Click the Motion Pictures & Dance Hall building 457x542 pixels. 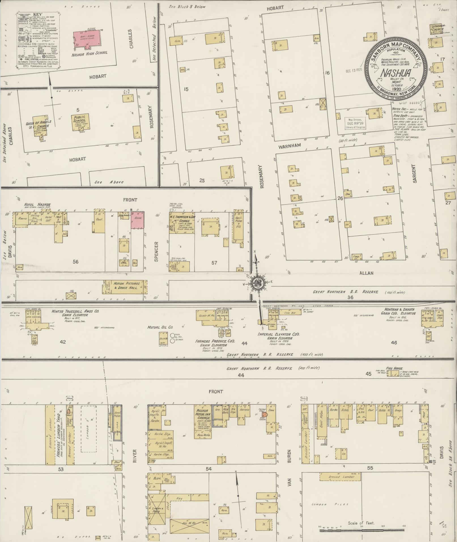click(x=125, y=287)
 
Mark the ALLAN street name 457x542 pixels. click(x=366, y=273)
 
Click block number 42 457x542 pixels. click(x=63, y=342)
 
